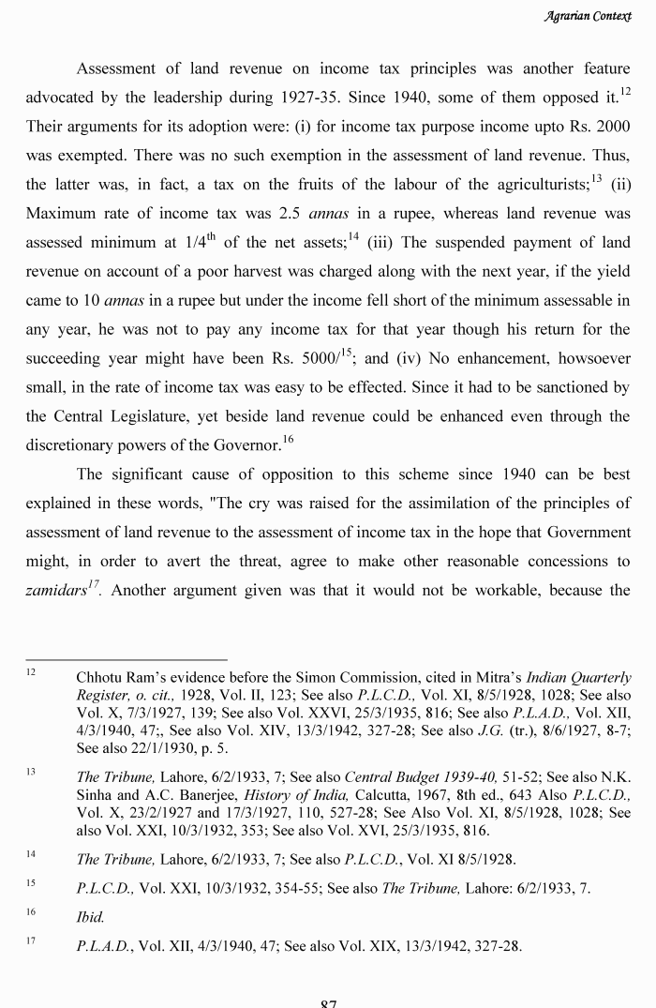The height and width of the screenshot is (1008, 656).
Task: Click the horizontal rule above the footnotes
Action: tap(127, 658)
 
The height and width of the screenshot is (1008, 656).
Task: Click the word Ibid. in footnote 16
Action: tap(90, 915)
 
